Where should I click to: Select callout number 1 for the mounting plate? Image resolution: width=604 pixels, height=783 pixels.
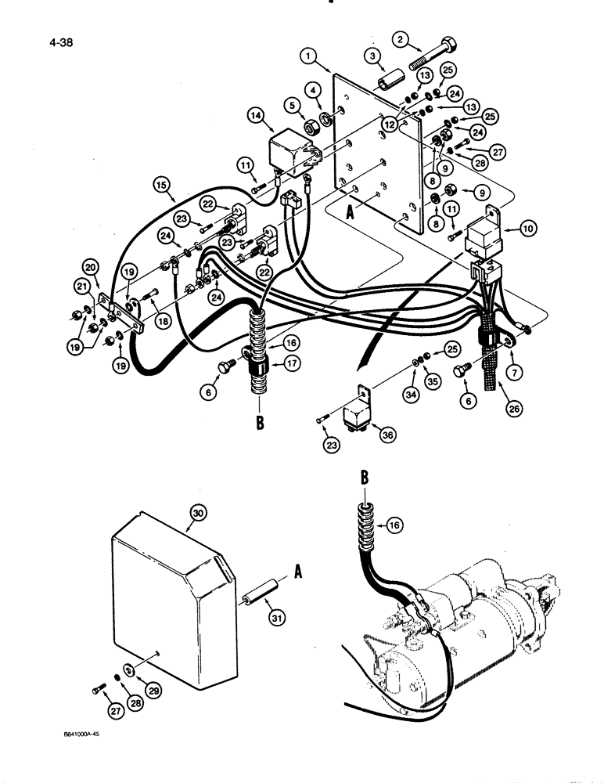point(311,56)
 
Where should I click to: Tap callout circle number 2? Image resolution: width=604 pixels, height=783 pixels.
point(401,38)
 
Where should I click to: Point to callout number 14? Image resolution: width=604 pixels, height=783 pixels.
point(256,115)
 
